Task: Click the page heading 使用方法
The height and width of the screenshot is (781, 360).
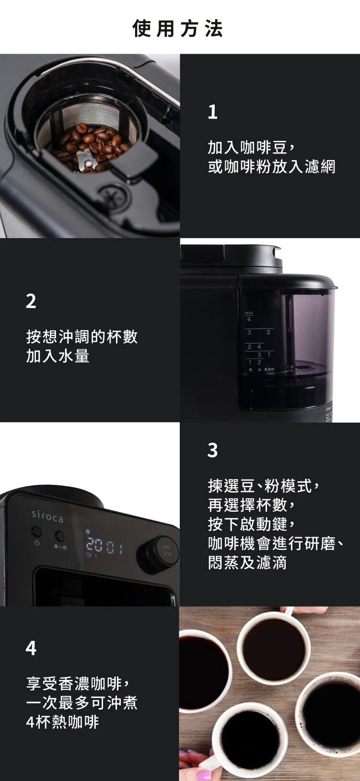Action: point(178,29)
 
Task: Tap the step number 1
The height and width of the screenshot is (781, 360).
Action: point(212,112)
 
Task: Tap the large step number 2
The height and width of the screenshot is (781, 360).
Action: point(31,301)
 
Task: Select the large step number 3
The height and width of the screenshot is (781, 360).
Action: point(212,450)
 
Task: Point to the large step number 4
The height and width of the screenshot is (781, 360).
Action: point(31,648)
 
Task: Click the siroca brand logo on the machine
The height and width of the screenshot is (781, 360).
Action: point(47,517)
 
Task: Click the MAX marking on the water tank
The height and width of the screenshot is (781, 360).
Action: point(249,313)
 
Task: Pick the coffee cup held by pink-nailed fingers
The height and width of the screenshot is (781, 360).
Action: point(249,738)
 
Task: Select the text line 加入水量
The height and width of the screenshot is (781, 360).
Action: point(58,356)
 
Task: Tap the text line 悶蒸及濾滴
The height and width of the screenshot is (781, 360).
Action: point(247,562)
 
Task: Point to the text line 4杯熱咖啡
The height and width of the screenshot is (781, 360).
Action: point(62,722)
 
